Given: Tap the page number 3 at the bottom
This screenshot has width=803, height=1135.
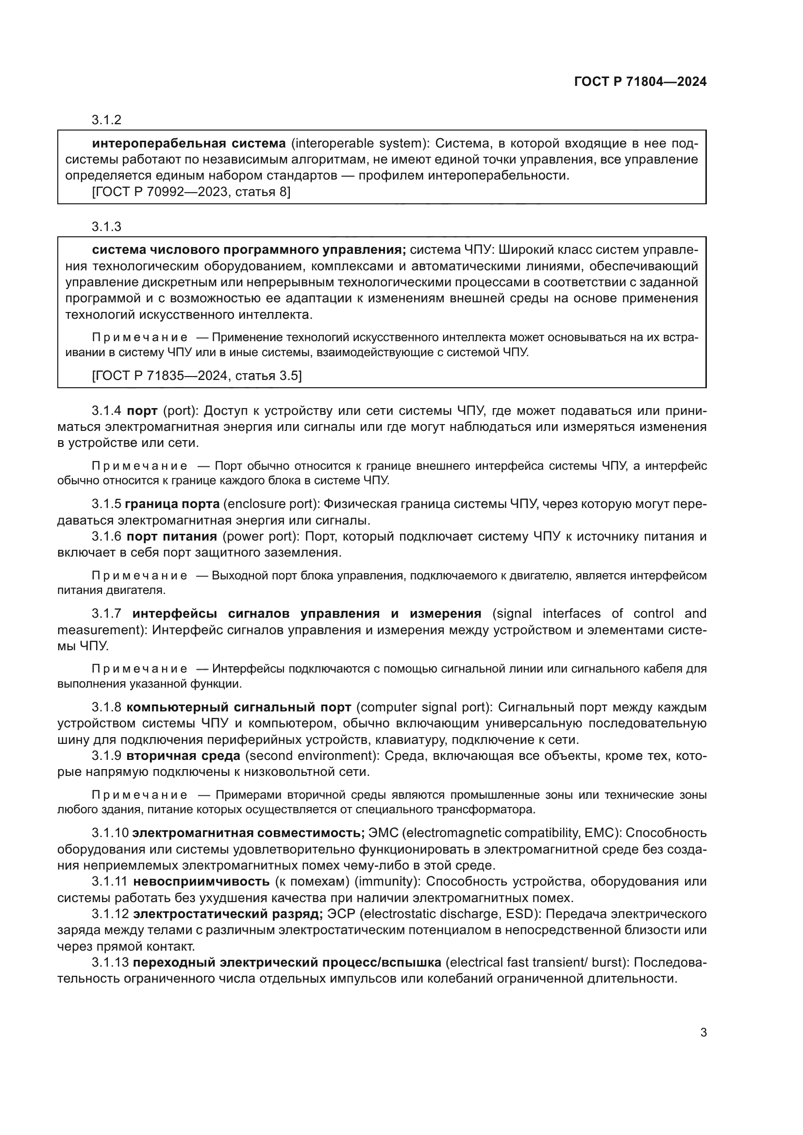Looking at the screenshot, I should pyautogui.click(x=703, y=1033).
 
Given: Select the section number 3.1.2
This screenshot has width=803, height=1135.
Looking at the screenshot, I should pyautogui.click(x=106, y=120).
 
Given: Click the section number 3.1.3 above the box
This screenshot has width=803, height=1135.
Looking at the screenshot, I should pyautogui.click(x=106, y=227).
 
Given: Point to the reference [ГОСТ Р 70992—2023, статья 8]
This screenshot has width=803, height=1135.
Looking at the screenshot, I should pyautogui.click(x=191, y=192).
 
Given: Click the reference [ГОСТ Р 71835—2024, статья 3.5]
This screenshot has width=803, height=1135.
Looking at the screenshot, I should pyautogui.click(x=197, y=376).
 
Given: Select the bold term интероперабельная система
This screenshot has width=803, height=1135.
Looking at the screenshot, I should pyautogui.click(x=189, y=144).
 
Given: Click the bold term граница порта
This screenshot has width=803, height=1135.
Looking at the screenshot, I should pyautogui.click(x=172, y=504).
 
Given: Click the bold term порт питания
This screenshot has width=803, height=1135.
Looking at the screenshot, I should pyautogui.click(x=172, y=536).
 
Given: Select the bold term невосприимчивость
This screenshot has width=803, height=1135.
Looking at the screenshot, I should pyautogui.click(x=201, y=881).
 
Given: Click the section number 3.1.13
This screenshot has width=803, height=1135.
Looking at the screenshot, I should pyautogui.click(x=110, y=962).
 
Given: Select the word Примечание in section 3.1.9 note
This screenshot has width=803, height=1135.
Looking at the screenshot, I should pyautogui.click(x=140, y=795).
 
